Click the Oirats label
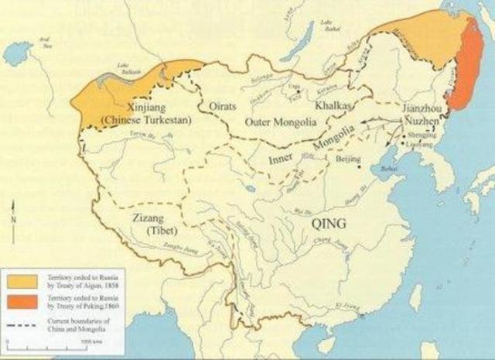(217, 105)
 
